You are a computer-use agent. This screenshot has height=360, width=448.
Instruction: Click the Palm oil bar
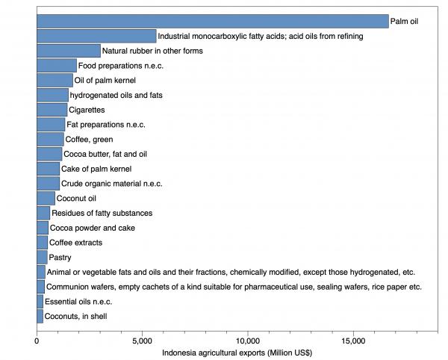click(213, 22)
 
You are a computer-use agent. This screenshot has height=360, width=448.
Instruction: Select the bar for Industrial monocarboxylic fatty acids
click(96, 36)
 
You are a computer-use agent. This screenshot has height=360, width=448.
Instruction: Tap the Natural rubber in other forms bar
click(69, 51)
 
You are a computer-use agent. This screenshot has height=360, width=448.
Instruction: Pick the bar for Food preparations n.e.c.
click(57, 66)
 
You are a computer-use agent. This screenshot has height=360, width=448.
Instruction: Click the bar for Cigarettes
click(52, 110)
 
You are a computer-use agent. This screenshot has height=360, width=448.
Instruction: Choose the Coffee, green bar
click(50, 139)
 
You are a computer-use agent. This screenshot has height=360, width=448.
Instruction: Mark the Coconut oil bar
click(46, 198)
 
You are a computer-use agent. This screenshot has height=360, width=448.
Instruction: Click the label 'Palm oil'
click(405, 22)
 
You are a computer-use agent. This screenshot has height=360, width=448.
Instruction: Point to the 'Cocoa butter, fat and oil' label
click(105, 154)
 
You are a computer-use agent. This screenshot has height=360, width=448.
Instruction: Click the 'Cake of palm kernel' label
click(96, 169)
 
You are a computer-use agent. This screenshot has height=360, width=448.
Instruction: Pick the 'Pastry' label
click(60, 258)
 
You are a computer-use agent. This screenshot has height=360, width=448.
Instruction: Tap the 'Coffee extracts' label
click(76, 243)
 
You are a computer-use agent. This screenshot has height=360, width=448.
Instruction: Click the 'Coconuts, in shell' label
click(76, 317)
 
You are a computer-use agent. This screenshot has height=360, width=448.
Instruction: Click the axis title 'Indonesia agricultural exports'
click(237, 353)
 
